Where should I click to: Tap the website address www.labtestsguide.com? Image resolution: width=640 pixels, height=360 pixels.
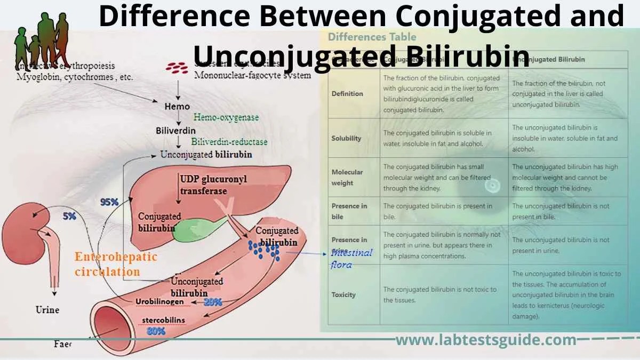coord(486,340)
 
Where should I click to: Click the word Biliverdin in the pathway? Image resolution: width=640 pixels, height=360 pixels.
coord(175,130)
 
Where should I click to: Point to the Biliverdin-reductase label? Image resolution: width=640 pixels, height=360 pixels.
coord(229,142)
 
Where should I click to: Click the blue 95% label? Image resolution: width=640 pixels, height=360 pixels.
coord(109,202)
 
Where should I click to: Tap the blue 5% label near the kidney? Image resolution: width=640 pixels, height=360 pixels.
coord(69,217)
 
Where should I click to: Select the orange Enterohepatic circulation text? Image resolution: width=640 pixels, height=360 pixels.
coord(116,264)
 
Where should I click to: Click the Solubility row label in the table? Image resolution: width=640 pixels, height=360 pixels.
coord(346,138)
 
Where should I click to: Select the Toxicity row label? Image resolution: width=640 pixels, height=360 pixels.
coord(343,294)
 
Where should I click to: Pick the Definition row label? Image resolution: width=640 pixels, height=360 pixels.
coord(347,93)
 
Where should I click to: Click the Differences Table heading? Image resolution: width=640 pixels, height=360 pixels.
coord(372,37)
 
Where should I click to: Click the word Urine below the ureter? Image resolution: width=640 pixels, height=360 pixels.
coord(47,309)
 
